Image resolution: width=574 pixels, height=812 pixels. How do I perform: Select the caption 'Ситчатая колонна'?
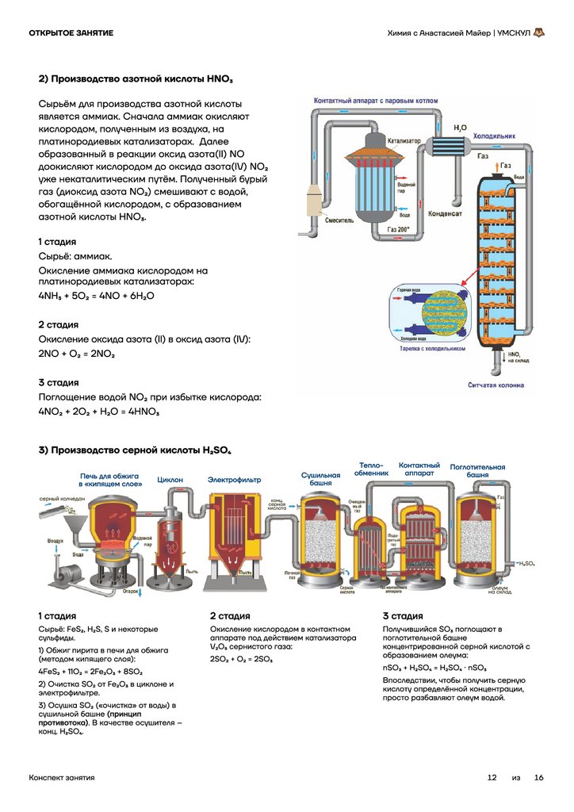[496, 385]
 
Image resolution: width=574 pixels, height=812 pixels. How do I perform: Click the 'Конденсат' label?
[446, 212]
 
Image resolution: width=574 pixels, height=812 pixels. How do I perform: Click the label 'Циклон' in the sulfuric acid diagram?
[170, 480]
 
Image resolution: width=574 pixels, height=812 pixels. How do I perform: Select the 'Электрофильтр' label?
[232, 480]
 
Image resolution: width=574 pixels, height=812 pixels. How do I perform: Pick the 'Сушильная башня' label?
[320, 479]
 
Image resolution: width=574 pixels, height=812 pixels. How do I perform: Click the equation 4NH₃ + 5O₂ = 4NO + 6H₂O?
[96, 295]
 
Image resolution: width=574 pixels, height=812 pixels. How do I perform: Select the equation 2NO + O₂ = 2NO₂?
[76, 353]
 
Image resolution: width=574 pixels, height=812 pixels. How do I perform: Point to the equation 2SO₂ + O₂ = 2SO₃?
[242, 659]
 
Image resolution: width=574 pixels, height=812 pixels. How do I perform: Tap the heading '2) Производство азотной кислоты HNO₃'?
[136, 79]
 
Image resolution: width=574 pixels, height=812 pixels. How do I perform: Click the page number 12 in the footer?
[492, 778]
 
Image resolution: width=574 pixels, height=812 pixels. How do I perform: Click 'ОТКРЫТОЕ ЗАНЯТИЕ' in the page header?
[71, 33]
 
